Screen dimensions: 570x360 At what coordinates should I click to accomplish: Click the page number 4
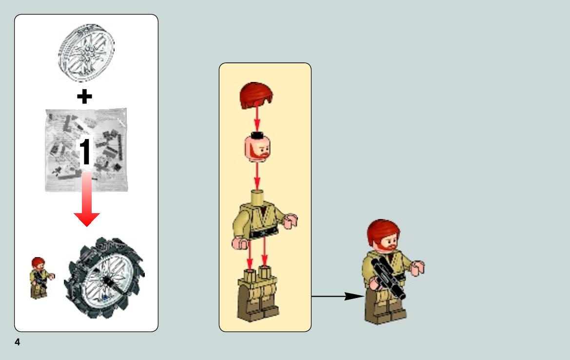pyautogui.click(x=17, y=342)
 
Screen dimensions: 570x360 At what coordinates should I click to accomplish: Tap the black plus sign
pyautogui.click(x=84, y=97)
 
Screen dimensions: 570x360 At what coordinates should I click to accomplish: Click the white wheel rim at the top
pyautogui.click(x=86, y=53)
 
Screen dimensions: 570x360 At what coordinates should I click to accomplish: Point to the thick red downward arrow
pyautogui.click(x=86, y=200)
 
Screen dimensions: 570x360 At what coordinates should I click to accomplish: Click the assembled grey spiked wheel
pyautogui.click(x=104, y=278)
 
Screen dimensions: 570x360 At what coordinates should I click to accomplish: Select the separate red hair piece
pyautogui.click(x=256, y=95)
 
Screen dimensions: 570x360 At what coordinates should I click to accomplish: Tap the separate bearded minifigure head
pyautogui.click(x=257, y=147)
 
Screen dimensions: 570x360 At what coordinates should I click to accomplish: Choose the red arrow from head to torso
pyautogui.click(x=257, y=177)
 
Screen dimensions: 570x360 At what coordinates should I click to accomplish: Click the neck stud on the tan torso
pyautogui.click(x=257, y=197)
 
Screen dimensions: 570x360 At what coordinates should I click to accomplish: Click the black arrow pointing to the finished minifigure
pyautogui.click(x=338, y=297)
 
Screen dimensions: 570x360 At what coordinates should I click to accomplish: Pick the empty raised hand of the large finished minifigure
pyautogui.click(x=418, y=268)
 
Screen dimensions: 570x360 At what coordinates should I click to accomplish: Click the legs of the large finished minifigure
pyautogui.click(x=385, y=307)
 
